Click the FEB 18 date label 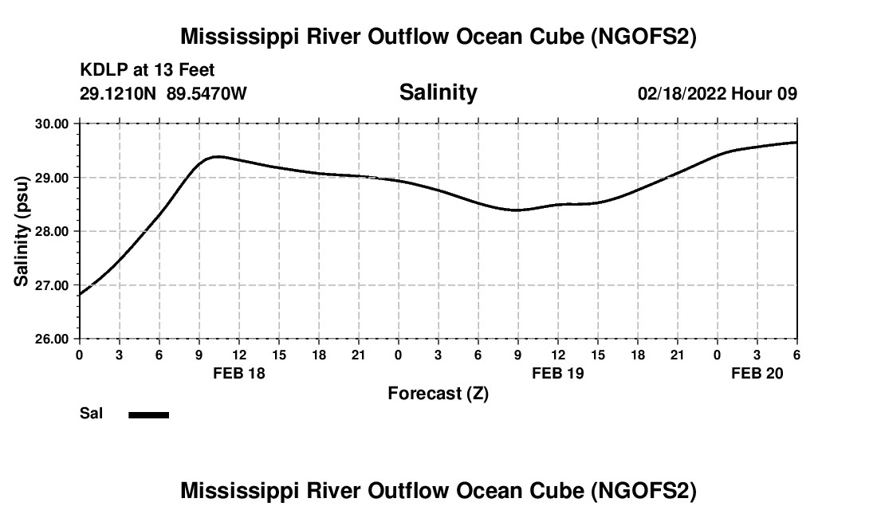[x=239, y=373]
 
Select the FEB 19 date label [x=558, y=373]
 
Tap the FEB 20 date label [x=757, y=373]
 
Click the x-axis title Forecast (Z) [x=438, y=393]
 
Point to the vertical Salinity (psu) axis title [x=22, y=231]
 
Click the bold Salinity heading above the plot [x=438, y=92]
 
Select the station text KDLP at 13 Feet [x=147, y=71]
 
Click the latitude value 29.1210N [x=120, y=93]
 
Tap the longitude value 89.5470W [x=207, y=93]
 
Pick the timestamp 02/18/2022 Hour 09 [x=717, y=93]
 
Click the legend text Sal [x=91, y=414]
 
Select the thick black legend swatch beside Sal [x=148, y=414]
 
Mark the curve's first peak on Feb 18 [x=217, y=156]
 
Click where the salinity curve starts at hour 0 [x=80, y=295]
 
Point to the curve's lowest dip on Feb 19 [x=517, y=210]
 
